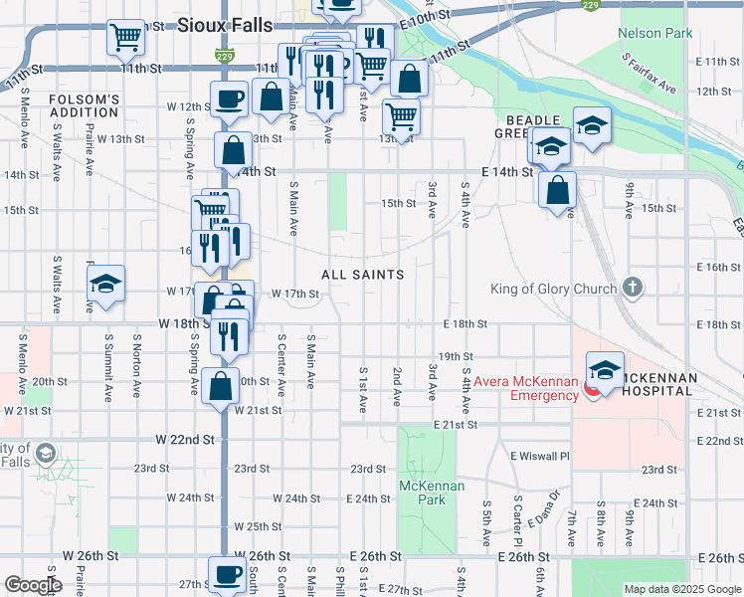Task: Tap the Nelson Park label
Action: click(654, 33)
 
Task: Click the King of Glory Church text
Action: click(554, 290)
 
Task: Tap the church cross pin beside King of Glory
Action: click(633, 289)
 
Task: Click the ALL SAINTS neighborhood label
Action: click(362, 275)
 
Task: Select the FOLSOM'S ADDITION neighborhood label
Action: click(85, 106)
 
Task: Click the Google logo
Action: click(33, 585)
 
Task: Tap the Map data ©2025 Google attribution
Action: click(682, 589)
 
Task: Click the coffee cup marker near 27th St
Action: click(227, 574)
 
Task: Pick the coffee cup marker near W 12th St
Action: click(229, 99)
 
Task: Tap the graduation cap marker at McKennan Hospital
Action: click(605, 369)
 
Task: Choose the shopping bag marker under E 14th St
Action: click(557, 189)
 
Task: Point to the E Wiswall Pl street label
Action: click(539, 456)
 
